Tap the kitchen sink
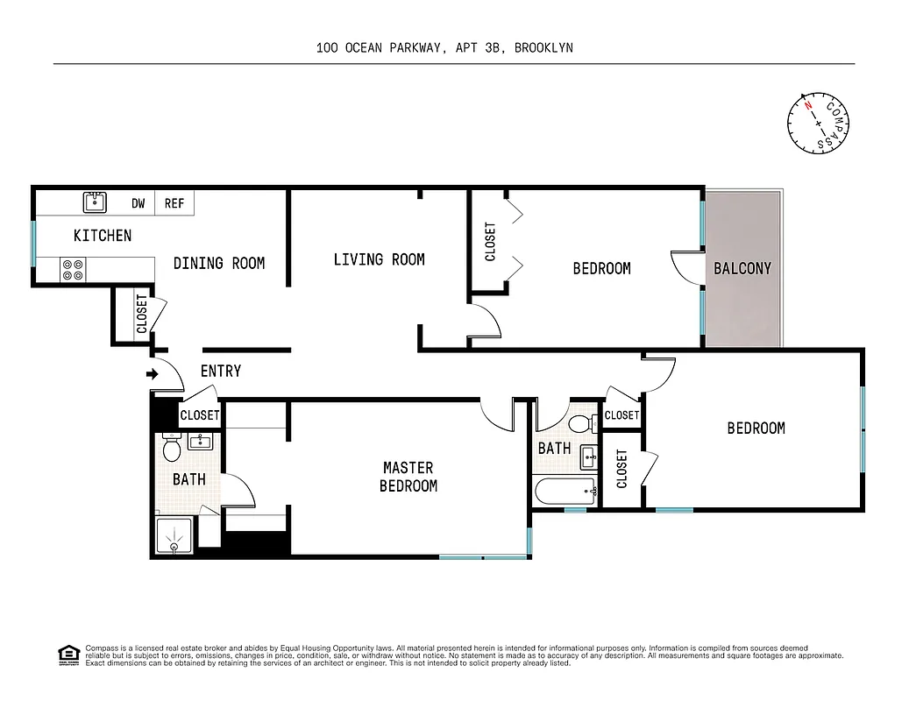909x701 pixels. [96, 202]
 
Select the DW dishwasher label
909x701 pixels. [138, 203]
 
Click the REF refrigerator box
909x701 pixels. [174, 203]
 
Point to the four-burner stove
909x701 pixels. [73, 270]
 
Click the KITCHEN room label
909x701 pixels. [103, 235]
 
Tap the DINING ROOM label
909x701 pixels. [218, 263]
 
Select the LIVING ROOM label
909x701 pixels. [379, 259]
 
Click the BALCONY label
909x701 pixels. [742, 268]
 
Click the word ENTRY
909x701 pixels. [220, 372]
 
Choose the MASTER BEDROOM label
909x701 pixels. [408, 477]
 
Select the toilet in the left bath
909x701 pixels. [172, 450]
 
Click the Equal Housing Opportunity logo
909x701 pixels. [67, 654]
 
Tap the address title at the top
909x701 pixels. [444, 48]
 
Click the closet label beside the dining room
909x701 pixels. [141, 315]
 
